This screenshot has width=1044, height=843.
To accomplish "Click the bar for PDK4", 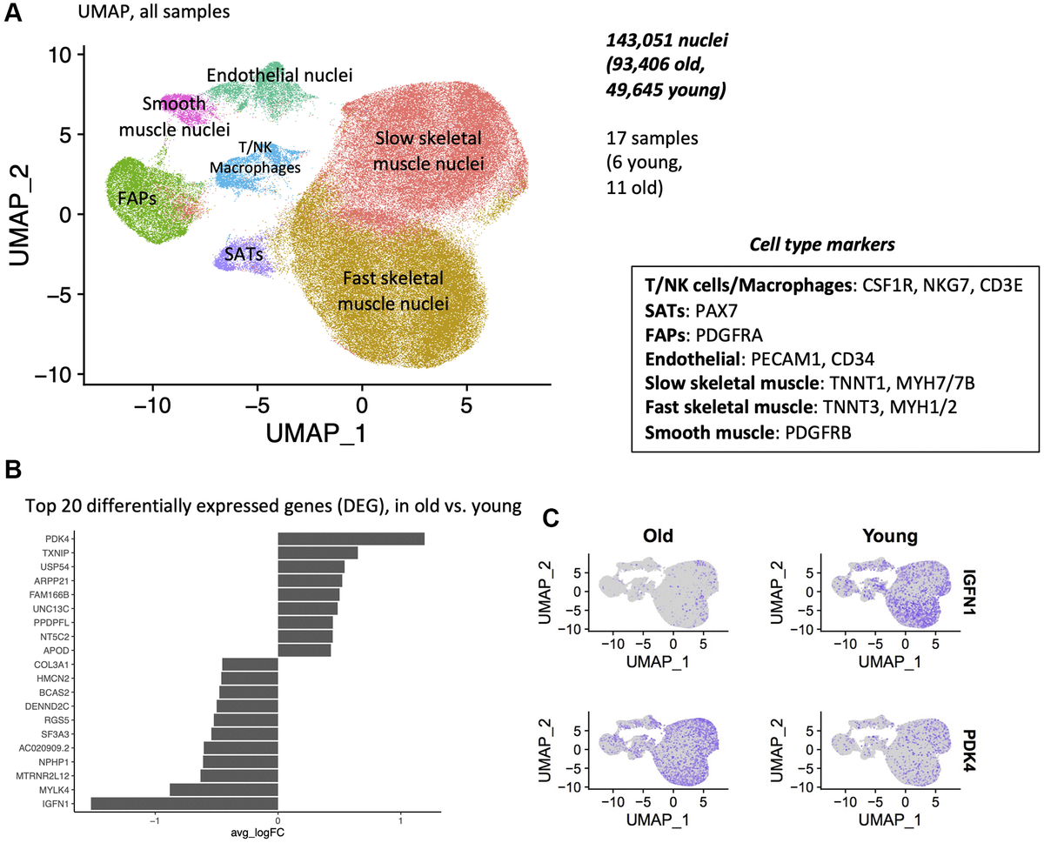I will coord(351,539).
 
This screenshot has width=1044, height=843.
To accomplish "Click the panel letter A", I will coord(14,15).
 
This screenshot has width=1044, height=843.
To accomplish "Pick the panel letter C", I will coord(550,517).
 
